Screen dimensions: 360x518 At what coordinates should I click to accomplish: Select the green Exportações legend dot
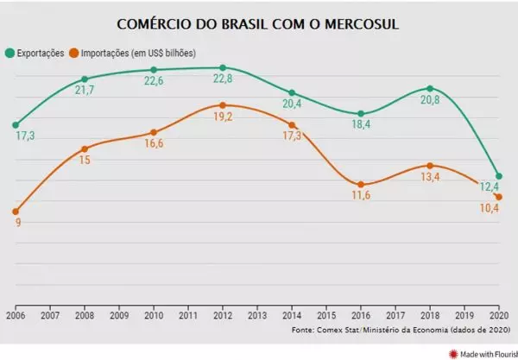tap(9, 52)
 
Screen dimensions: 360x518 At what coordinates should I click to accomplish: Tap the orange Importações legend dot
tap(76, 52)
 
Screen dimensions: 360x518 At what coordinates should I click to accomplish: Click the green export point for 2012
tap(223, 67)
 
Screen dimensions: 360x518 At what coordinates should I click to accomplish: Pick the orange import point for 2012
tap(223, 105)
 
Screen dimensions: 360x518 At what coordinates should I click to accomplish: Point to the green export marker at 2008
tap(85, 79)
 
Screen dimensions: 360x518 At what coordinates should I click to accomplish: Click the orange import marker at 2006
tap(16, 211)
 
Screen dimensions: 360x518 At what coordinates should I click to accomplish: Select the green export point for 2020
tap(499, 176)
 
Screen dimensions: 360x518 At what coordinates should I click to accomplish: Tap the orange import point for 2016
tap(361, 185)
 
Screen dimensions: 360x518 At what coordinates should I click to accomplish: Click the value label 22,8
tap(223, 80)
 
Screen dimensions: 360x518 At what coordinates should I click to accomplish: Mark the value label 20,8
tap(430, 102)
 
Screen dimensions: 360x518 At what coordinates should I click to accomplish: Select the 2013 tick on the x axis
tap(257, 315)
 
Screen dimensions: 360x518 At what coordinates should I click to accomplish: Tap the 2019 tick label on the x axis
tap(464, 315)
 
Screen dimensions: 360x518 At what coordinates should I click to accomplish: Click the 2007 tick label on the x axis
tap(50, 315)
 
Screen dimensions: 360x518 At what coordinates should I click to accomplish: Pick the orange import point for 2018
tap(430, 165)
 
